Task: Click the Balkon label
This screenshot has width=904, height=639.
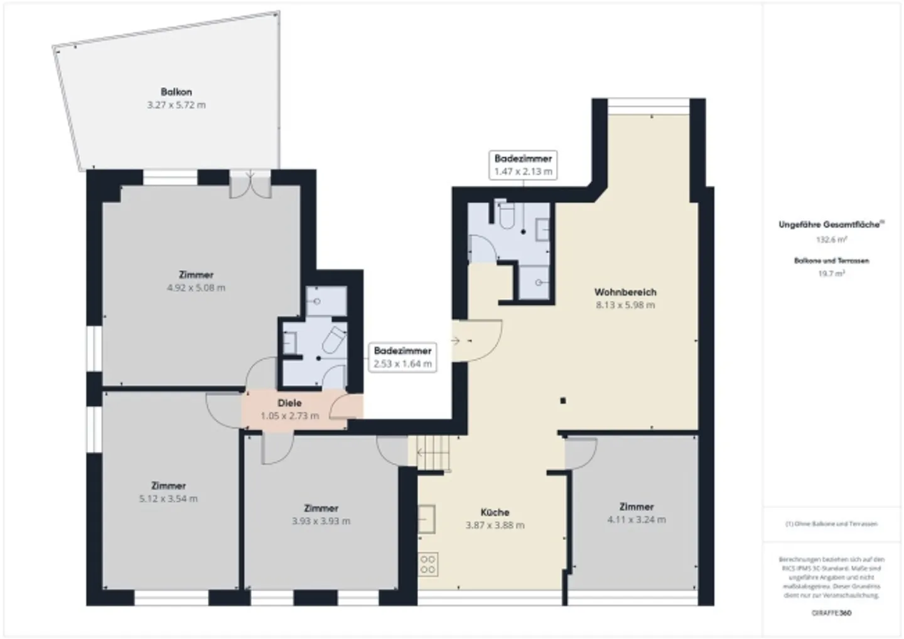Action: (x=176, y=92)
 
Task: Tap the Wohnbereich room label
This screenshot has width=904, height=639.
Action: (x=625, y=292)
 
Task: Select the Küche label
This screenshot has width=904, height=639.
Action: (x=495, y=512)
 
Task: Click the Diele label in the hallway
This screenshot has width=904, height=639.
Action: (x=289, y=403)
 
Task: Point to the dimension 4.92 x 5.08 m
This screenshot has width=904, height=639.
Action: (x=196, y=288)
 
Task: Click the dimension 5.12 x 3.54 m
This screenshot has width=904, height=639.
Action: (x=168, y=499)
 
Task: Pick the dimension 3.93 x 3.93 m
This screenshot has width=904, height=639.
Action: (x=321, y=522)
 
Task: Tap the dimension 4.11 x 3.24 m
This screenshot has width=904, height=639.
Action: (x=637, y=520)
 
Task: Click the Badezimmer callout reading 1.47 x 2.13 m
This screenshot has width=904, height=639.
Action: (x=523, y=165)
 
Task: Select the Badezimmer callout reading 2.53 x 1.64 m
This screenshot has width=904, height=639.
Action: (x=402, y=357)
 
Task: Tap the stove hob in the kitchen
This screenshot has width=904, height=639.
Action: (x=429, y=564)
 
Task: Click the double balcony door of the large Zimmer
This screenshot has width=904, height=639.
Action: (x=250, y=185)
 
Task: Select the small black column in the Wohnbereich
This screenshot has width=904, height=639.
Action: (x=563, y=400)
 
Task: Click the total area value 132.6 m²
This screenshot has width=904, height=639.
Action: (x=831, y=240)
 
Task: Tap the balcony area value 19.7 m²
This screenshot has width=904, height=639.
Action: (x=831, y=273)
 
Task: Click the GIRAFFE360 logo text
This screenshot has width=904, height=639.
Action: (x=831, y=613)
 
